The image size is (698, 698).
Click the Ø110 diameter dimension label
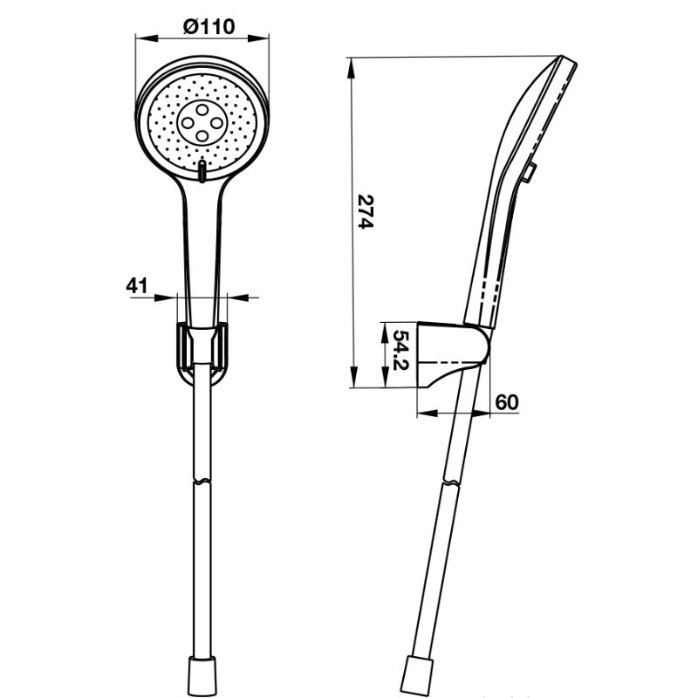209,26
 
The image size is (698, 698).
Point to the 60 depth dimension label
507,401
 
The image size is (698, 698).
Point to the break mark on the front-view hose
202,479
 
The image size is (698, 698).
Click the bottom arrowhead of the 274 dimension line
352,383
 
